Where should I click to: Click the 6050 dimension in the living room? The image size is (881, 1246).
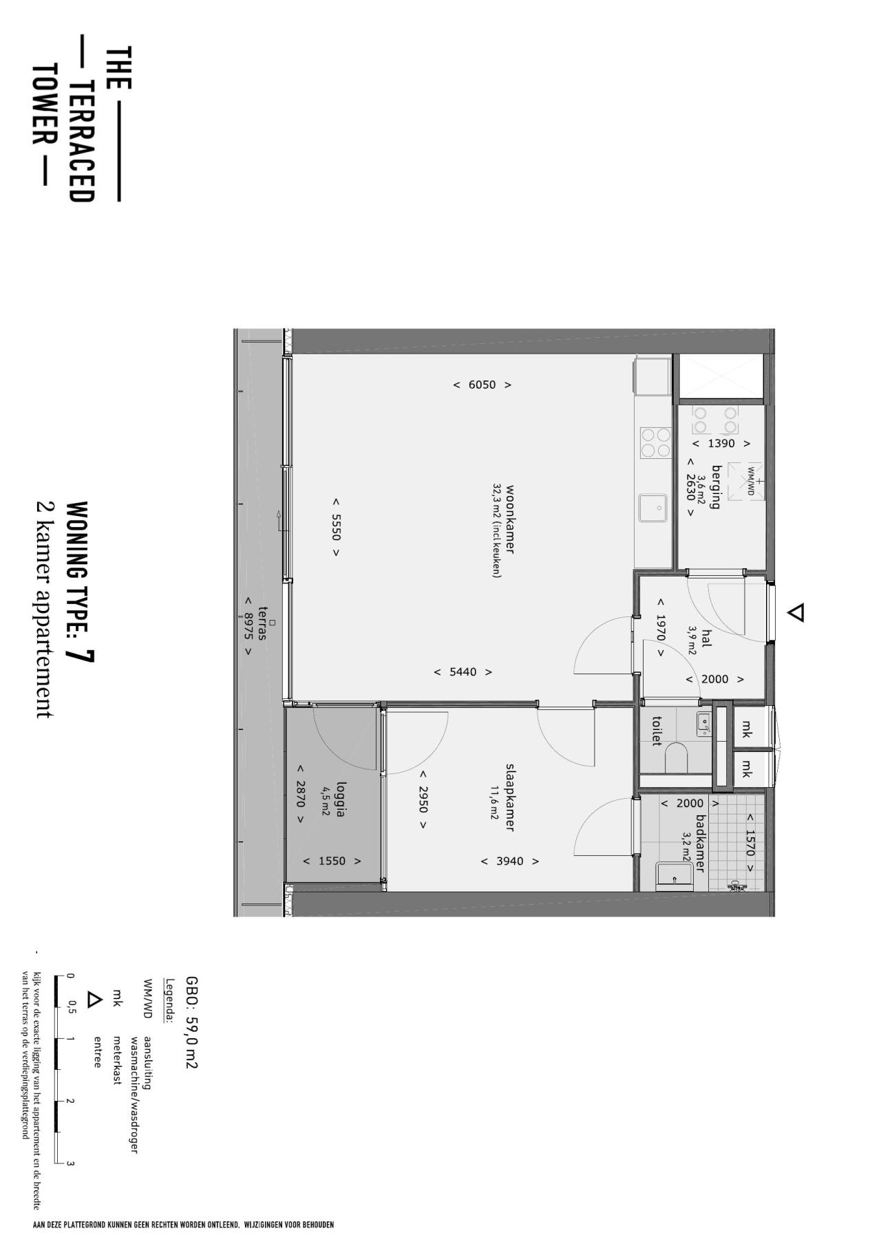(482, 385)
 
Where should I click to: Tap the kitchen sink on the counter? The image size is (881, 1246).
(652, 508)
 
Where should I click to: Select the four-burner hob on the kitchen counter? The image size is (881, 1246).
(655, 442)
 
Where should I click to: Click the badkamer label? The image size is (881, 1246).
(700, 844)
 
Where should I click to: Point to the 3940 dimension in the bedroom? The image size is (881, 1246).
(509, 861)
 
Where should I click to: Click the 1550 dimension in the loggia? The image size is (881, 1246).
(332, 861)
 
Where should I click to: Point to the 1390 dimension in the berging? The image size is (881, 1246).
(721, 444)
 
